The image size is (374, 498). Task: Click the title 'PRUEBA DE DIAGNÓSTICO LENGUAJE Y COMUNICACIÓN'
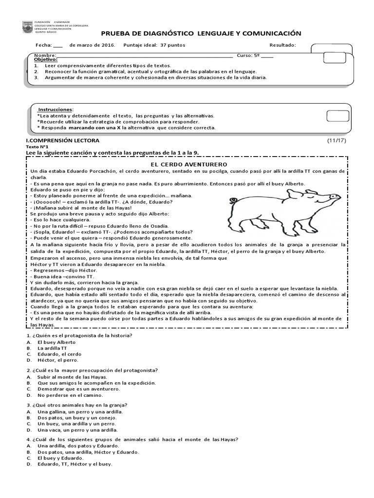tap(201, 33)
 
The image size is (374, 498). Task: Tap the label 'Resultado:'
tap(282, 45)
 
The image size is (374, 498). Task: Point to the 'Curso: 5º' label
tap(249, 55)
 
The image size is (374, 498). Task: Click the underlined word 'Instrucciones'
tap(56, 109)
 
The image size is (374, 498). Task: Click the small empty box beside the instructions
tap(337, 116)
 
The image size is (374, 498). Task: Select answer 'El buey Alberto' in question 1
tap(56, 342)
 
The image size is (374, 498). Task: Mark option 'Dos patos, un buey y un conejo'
tap(77, 417)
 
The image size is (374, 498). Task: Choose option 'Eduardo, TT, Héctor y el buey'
tap(75, 464)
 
